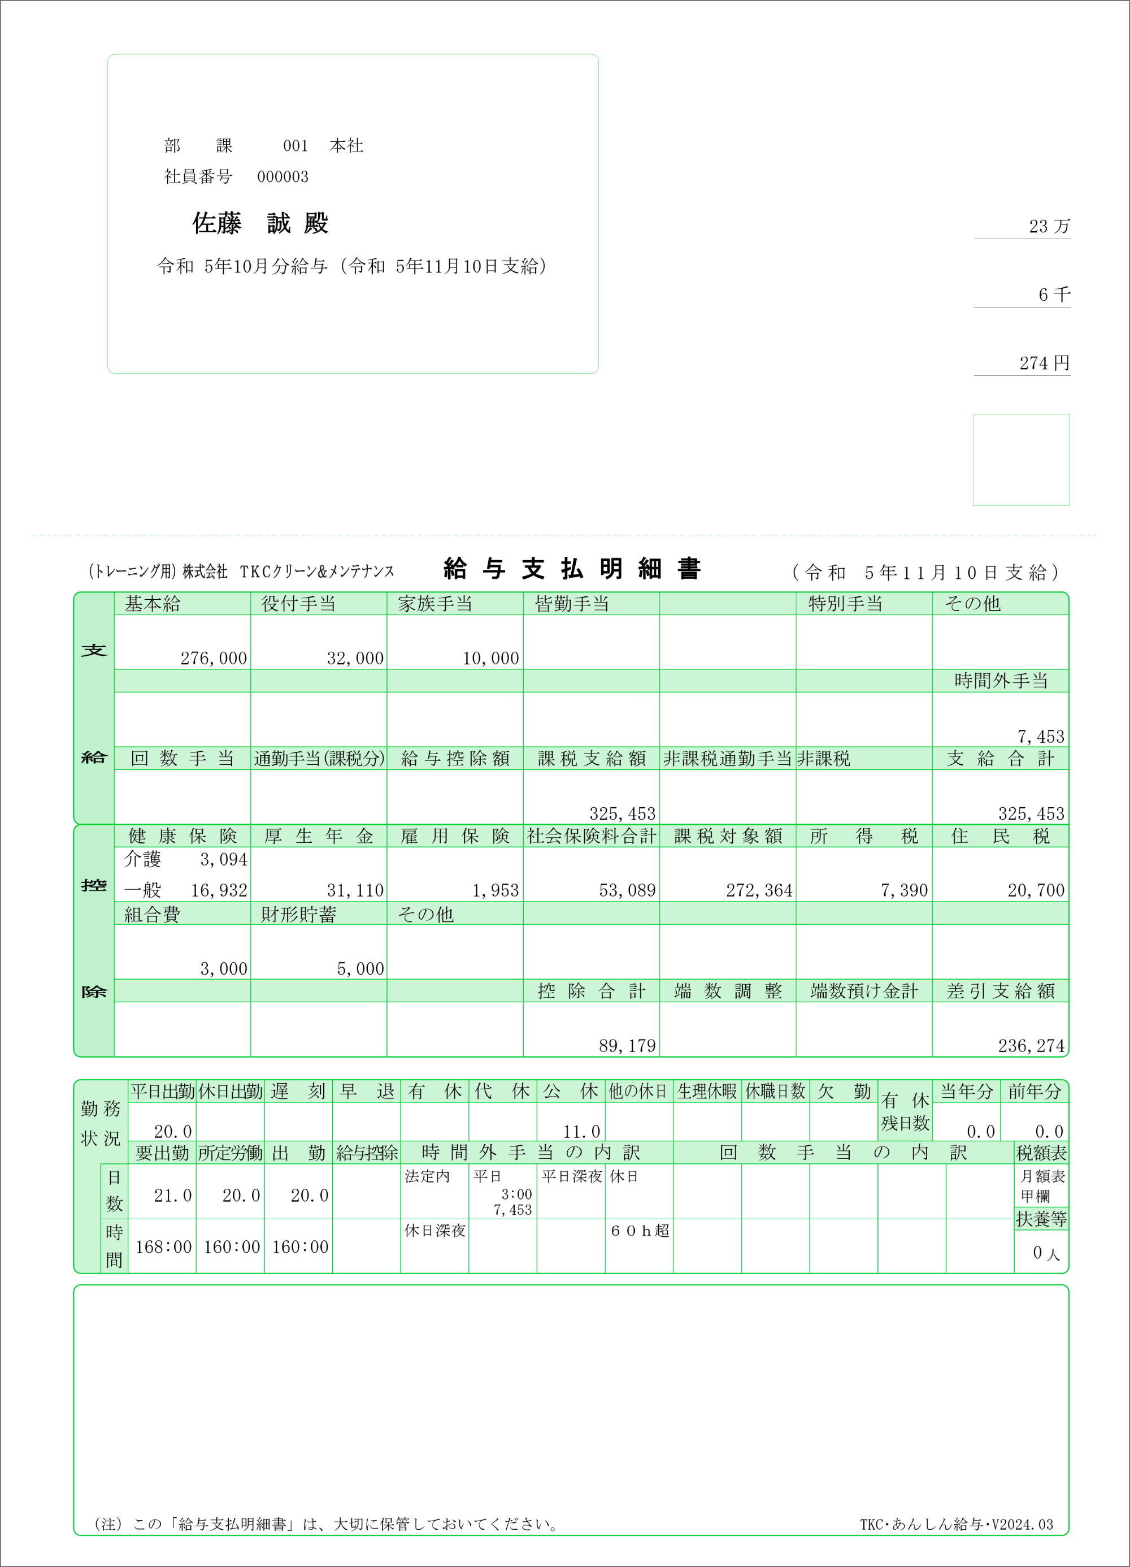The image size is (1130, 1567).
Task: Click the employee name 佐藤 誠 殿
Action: pyautogui.click(x=260, y=223)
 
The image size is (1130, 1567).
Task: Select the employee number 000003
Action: pyautogui.click(x=282, y=177)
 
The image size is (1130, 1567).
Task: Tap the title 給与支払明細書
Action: pyautogui.click(x=572, y=569)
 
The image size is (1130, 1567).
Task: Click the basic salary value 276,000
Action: pyautogui.click(x=214, y=659)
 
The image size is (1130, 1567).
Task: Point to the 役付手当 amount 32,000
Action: pyautogui.click(x=355, y=659)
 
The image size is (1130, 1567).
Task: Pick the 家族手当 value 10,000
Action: pyautogui.click(x=490, y=659)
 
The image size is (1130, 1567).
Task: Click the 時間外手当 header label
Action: pyautogui.click(x=1001, y=681)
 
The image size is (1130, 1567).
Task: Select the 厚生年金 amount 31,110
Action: pyautogui.click(x=355, y=890)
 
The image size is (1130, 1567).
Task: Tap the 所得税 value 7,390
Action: pyautogui.click(x=904, y=890)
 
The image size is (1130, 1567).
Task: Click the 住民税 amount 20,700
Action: pyautogui.click(x=1036, y=890)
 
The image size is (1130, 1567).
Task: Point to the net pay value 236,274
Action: pyautogui.click(x=1031, y=1046)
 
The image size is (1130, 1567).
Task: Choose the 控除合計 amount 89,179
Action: pyautogui.click(x=627, y=1046)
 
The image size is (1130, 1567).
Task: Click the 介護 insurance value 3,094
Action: pyautogui.click(x=224, y=859)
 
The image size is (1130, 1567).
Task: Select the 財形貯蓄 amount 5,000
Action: pyautogui.click(x=360, y=969)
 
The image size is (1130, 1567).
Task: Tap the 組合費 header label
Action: pyautogui.click(x=153, y=915)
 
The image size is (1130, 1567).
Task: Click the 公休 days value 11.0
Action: pyautogui.click(x=581, y=1132)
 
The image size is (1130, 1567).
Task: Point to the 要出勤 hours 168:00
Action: pyautogui.click(x=163, y=1247)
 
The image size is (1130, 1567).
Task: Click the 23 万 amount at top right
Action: pyautogui.click(x=1049, y=227)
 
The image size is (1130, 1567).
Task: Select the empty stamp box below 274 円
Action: pyautogui.click(x=1021, y=460)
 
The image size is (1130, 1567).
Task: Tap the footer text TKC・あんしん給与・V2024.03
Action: pyautogui.click(x=956, y=1524)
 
